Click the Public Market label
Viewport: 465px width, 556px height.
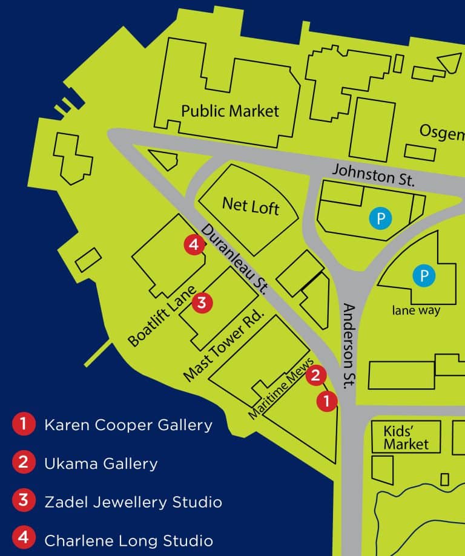(230, 111)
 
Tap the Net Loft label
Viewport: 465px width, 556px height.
(250, 206)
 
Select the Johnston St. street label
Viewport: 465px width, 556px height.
(372, 175)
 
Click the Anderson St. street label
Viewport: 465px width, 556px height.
(351, 345)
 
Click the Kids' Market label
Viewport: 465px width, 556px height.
(406, 438)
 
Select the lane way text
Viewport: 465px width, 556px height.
(415, 311)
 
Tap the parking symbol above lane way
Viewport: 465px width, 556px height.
(424, 276)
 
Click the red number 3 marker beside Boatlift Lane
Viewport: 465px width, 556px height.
(202, 302)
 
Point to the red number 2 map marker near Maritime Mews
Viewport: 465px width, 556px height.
(315, 376)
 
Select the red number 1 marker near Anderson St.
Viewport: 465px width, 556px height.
(326, 401)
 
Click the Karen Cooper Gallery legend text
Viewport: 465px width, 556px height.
(128, 425)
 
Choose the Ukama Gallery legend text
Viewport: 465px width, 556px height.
(101, 463)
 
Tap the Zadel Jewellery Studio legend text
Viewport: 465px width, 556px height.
(133, 502)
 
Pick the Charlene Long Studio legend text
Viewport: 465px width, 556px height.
(128, 540)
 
